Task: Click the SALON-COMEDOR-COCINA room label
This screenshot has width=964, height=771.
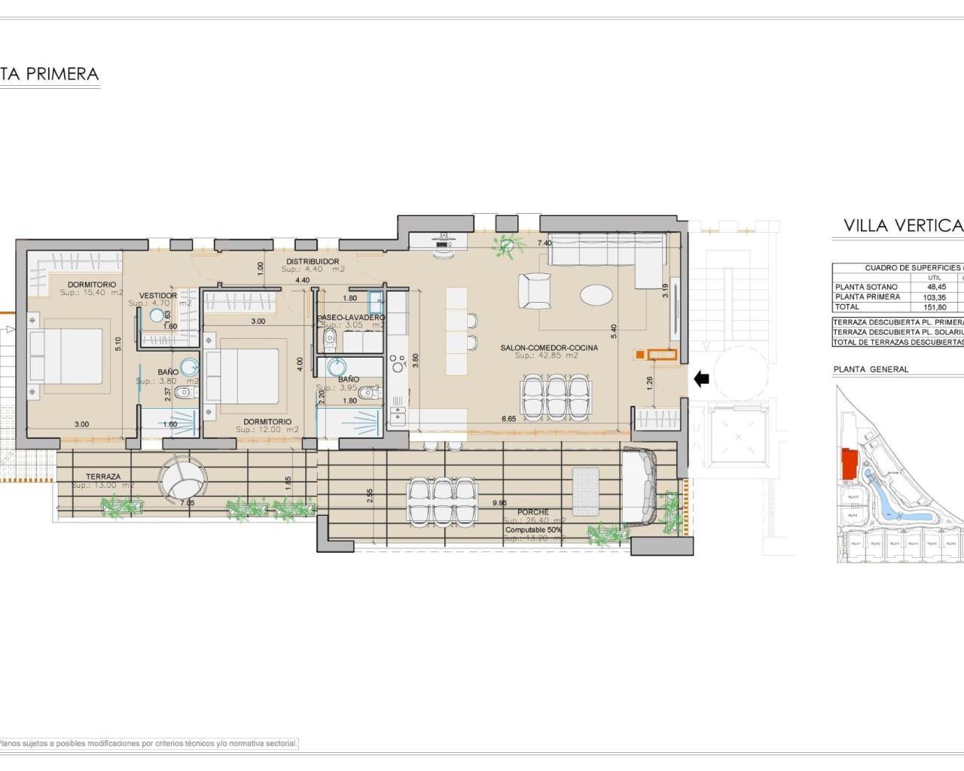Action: click(x=549, y=348)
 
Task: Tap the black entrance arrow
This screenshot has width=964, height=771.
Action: click(x=701, y=379)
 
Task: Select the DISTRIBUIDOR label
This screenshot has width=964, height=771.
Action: click(x=313, y=261)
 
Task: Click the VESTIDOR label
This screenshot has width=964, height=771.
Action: click(x=158, y=296)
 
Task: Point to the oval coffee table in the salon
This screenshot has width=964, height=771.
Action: click(x=596, y=294)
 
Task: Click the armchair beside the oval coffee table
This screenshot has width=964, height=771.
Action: click(x=535, y=291)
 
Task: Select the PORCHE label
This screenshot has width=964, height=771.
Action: click(x=533, y=512)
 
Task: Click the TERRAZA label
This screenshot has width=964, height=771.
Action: click(x=103, y=477)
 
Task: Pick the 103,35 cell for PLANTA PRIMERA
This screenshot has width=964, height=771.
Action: click(x=935, y=297)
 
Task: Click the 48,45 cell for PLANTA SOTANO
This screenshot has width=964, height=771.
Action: click(x=936, y=287)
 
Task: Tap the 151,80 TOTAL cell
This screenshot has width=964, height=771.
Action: click(x=935, y=307)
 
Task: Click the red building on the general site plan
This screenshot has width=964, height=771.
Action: click(x=849, y=462)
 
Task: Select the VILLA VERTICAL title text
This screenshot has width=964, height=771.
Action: click(x=902, y=225)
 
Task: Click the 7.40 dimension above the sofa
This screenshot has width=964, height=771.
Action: click(x=544, y=243)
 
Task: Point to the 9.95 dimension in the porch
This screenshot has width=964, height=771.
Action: click(x=499, y=503)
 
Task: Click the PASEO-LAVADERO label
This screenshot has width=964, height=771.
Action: click(x=351, y=318)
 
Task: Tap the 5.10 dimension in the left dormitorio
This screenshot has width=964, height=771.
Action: click(x=117, y=344)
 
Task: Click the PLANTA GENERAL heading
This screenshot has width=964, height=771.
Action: click(x=871, y=370)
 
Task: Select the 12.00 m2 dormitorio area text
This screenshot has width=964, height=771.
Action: click(x=267, y=430)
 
